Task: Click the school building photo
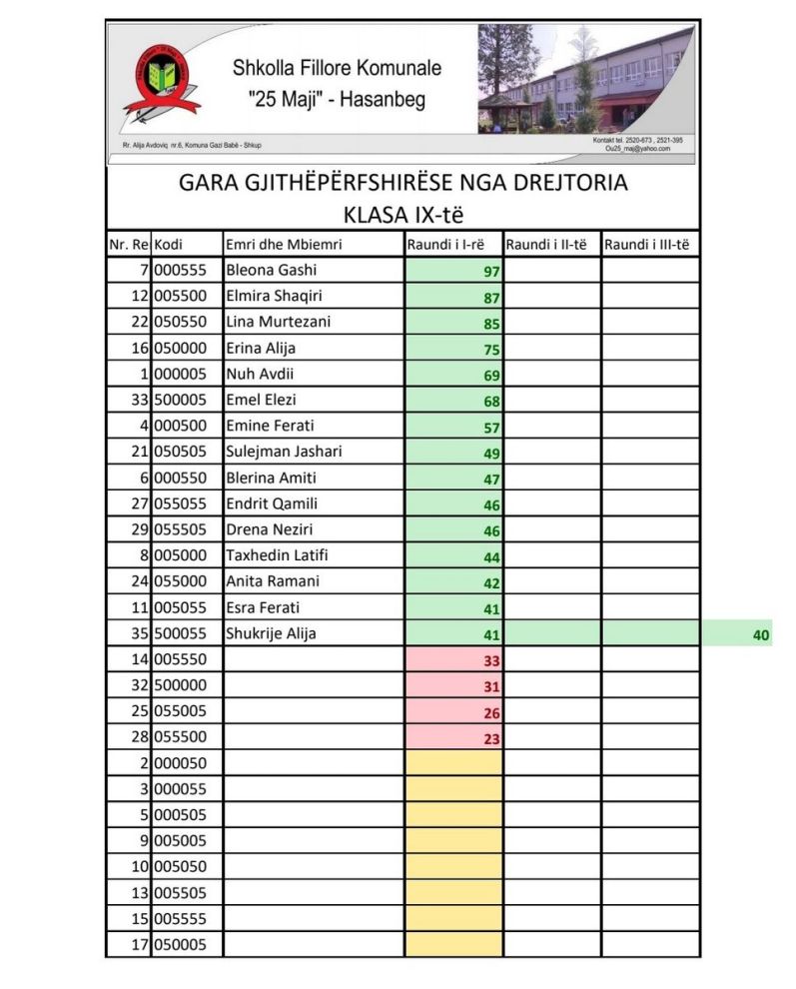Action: pos(584,80)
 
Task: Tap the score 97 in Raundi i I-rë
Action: pos(490,272)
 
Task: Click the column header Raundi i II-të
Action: pos(546,245)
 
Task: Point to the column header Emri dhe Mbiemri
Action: pos(285,245)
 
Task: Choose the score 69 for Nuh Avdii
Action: pos(490,376)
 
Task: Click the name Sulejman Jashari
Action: pos(284,453)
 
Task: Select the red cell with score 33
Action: pos(490,661)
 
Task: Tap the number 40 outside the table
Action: pos(761,634)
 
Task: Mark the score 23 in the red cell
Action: pos(490,739)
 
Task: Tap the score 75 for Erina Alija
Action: pos(490,350)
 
